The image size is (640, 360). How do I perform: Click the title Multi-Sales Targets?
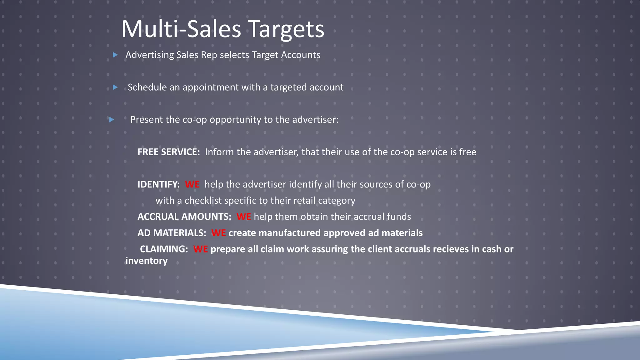tap(222, 29)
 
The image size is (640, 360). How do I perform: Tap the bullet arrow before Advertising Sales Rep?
tap(115, 55)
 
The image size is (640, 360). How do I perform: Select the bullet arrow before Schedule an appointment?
tap(115, 87)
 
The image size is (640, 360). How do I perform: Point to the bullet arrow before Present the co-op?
tap(112, 120)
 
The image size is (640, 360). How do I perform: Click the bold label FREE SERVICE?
tap(168, 152)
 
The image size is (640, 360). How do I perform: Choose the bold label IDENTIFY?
tap(158, 184)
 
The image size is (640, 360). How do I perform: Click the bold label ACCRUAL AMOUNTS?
tap(184, 217)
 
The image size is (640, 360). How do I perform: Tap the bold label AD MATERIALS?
tap(172, 233)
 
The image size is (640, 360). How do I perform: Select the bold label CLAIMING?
tap(164, 249)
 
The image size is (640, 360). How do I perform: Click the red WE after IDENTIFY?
tap(192, 184)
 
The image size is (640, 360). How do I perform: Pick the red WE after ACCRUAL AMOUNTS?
tap(243, 217)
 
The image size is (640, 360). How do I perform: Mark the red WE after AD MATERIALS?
tap(218, 233)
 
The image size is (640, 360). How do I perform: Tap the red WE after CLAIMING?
tap(200, 249)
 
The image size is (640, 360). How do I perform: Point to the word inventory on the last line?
tap(146, 261)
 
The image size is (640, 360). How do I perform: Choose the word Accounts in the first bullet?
tap(300, 55)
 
